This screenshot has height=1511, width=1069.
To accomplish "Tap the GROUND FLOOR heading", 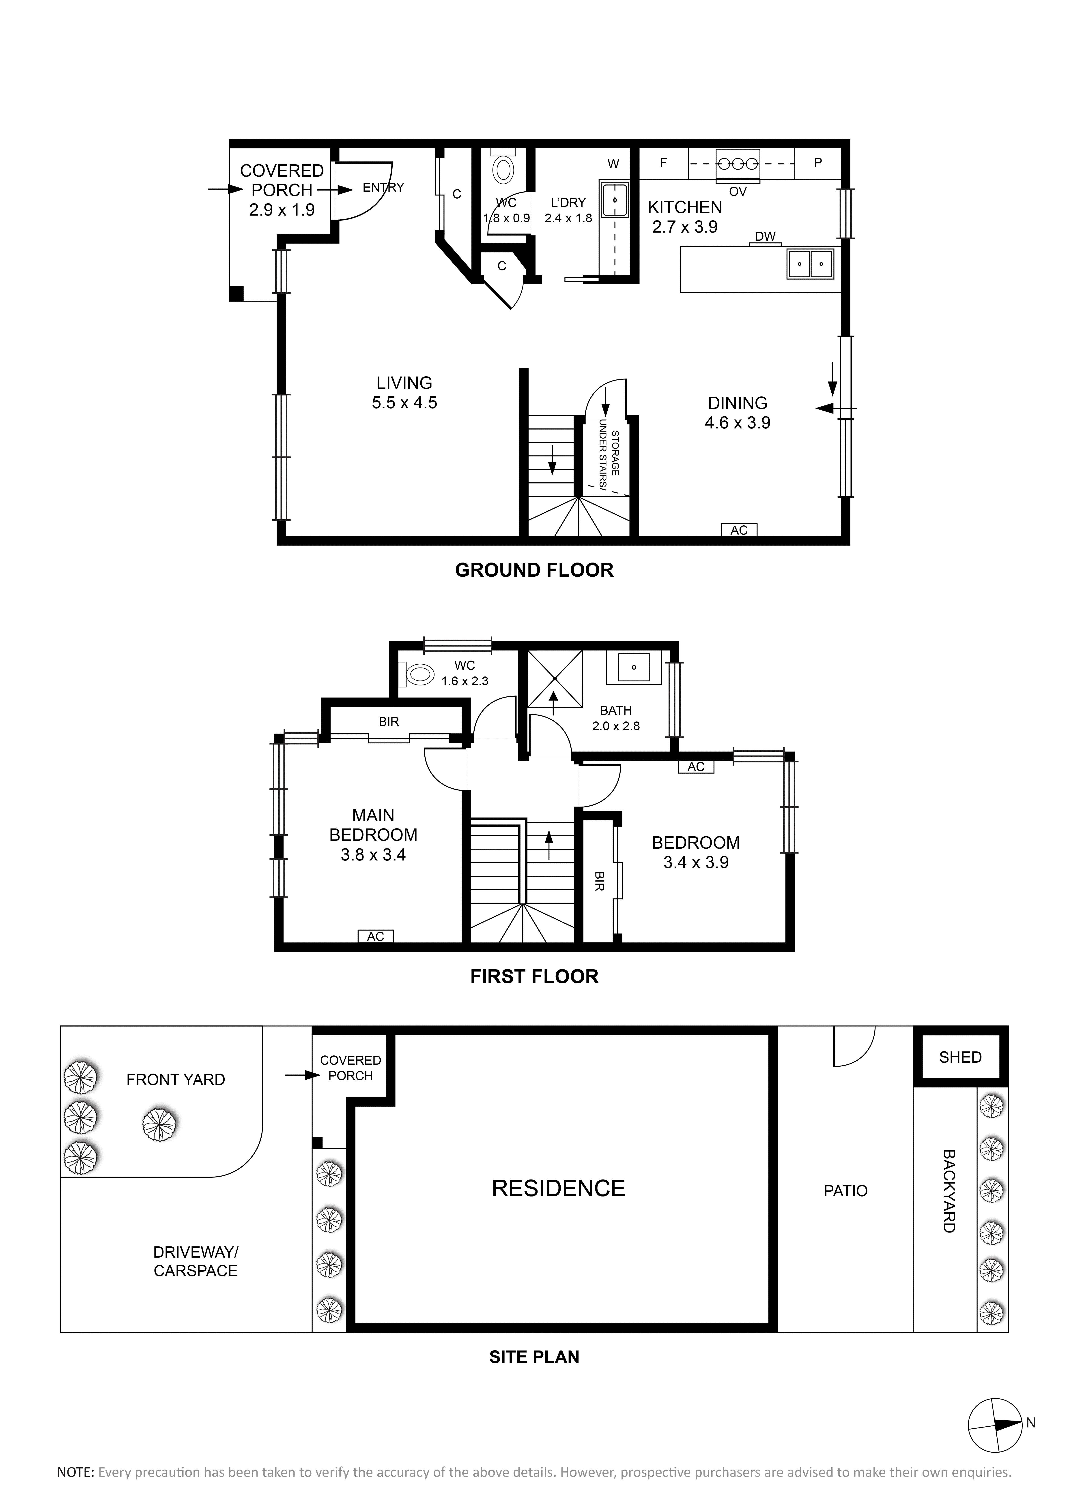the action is pos(534,570).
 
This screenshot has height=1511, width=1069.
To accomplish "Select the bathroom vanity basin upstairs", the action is pos(634,667).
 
